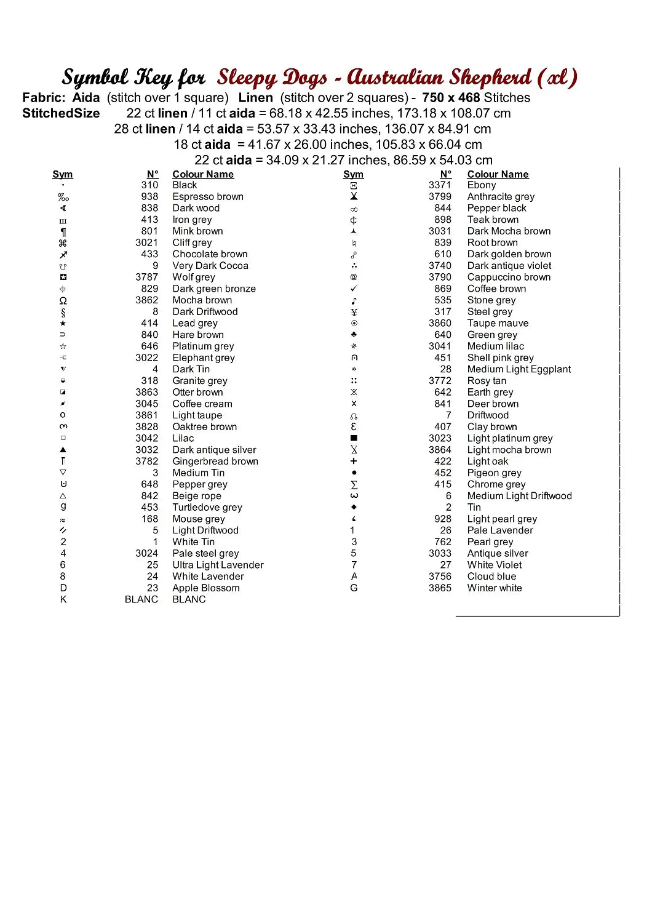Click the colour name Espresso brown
208,197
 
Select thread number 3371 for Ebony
440,185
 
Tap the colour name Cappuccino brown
509,278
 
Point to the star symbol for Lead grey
63,324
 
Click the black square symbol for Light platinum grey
354,439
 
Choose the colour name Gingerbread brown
215,461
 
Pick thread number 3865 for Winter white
440,588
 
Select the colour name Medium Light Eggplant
519,370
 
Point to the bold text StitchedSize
61,114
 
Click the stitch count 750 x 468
451,98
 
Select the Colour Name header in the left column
203,175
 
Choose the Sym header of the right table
353,175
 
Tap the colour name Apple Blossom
206,588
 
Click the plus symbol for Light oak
354,461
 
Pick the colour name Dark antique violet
509,266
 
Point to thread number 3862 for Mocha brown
147,300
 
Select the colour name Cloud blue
491,577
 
